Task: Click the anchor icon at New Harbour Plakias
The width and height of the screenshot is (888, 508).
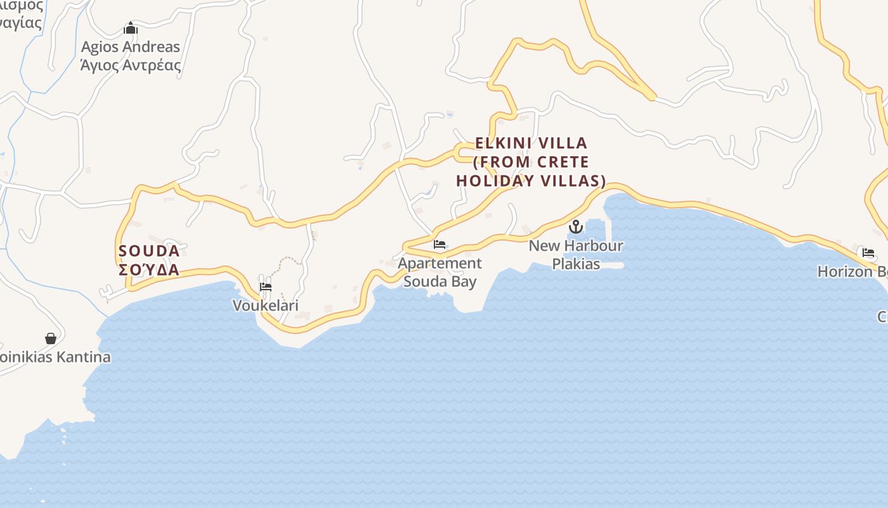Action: [x=576, y=226]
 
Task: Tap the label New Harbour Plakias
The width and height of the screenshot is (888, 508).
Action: [x=576, y=254]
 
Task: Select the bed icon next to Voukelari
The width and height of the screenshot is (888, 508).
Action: [x=266, y=287]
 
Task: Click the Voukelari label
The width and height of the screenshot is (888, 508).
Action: [x=266, y=305]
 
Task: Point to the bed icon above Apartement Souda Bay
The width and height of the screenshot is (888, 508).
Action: [x=440, y=244]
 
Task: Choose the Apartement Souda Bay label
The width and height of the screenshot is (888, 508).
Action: [x=440, y=272]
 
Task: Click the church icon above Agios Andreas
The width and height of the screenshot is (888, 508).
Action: [x=131, y=29]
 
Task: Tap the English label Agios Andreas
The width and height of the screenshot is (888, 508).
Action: [x=131, y=47]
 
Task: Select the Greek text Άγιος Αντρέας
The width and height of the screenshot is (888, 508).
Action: [x=131, y=65]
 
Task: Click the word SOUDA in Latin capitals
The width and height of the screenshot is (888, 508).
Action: [x=149, y=251]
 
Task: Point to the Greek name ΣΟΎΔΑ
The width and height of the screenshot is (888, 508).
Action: [x=149, y=270]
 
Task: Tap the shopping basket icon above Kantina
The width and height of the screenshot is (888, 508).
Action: [x=51, y=338]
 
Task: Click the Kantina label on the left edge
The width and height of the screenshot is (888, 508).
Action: [x=55, y=357]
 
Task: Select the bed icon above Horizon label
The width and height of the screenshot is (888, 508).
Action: [x=868, y=253]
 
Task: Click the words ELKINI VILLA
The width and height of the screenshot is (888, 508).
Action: [x=532, y=143]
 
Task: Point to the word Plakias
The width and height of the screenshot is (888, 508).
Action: [x=576, y=264]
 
